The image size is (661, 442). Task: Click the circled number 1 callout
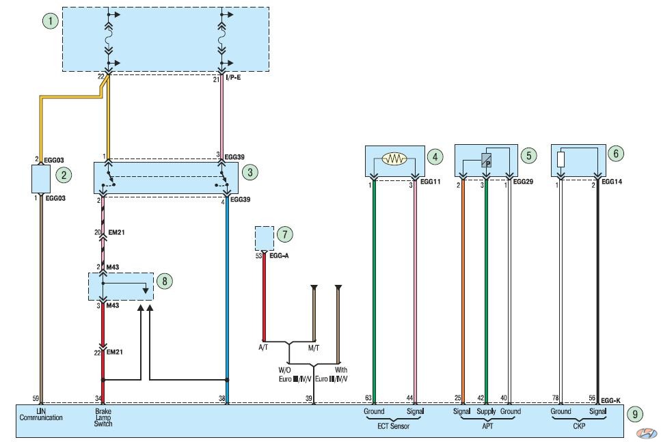(x=51, y=20)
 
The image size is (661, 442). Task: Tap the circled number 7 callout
(x=285, y=234)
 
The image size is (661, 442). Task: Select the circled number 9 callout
(x=635, y=414)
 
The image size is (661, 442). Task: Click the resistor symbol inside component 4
(x=394, y=158)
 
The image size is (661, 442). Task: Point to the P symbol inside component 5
(x=487, y=161)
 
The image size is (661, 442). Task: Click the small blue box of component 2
(x=41, y=179)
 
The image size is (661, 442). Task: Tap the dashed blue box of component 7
(x=265, y=238)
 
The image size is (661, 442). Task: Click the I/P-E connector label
(x=233, y=77)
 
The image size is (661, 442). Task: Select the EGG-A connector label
(x=279, y=255)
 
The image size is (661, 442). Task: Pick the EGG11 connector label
(x=430, y=182)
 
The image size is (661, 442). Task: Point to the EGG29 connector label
(x=523, y=182)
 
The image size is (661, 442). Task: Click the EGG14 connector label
(x=612, y=182)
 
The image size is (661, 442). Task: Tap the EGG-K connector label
(x=610, y=400)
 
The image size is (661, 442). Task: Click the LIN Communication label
(x=41, y=414)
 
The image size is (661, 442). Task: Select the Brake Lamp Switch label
(x=103, y=417)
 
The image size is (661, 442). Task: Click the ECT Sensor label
(x=393, y=426)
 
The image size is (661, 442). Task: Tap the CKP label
(x=579, y=426)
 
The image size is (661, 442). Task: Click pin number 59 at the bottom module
(x=36, y=398)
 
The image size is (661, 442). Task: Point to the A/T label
(x=263, y=347)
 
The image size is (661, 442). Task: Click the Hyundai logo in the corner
(x=646, y=432)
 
